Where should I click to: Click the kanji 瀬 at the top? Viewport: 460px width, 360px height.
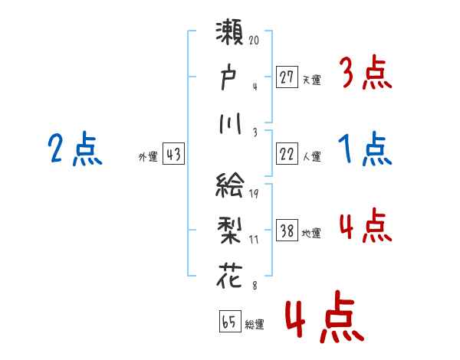pos(231,34)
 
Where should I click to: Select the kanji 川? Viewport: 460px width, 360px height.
pos(231,122)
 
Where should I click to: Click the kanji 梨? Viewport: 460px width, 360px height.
pos(231,231)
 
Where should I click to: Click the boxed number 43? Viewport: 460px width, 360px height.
pos(173,155)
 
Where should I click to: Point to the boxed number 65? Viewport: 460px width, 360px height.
pos(228,322)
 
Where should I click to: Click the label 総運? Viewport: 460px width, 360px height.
pos(254,324)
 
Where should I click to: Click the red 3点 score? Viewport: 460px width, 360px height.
pos(365,74)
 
